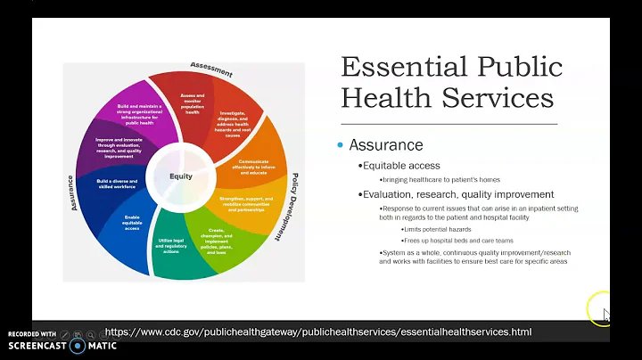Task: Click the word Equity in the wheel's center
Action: [181, 176]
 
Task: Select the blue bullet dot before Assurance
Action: [340, 145]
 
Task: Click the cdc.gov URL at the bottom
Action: [317, 331]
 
